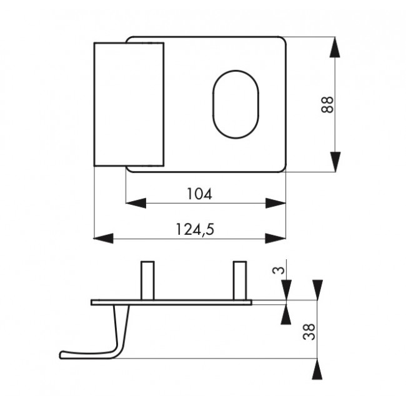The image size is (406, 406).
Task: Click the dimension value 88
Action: click(x=327, y=104)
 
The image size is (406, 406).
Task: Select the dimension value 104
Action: click(x=199, y=194)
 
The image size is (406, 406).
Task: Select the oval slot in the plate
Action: click(x=235, y=104)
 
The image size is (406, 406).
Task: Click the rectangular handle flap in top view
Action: click(x=129, y=104)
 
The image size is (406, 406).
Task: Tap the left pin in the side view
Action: click(x=147, y=280)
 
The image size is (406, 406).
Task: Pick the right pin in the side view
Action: click(x=239, y=280)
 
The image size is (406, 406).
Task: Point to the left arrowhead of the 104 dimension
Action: click(x=135, y=203)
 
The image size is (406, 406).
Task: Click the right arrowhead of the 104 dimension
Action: click(x=275, y=203)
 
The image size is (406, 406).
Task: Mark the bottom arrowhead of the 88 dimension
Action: click(x=335, y=161)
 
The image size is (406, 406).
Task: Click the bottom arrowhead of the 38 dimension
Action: click(x=317, y=369)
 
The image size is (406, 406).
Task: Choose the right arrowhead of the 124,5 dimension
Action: click(x=275, y=238)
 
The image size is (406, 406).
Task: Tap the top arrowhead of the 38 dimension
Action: click(x=317, y=289)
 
